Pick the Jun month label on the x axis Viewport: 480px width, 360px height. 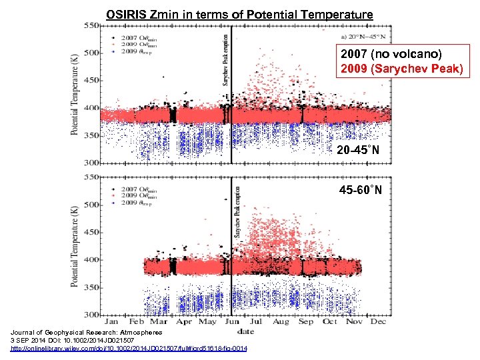(231, 321)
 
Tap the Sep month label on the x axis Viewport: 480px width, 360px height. (305, 321)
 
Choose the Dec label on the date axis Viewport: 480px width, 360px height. (377, 321)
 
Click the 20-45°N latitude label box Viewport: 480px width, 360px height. (358, 151)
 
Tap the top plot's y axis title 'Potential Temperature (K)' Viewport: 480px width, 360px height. (75, 94)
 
